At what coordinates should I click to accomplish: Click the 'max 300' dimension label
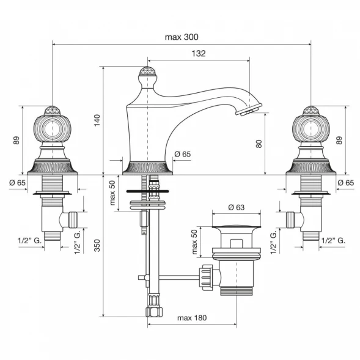pyautogui.click(x=182, y=37)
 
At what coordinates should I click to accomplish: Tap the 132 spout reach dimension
pyautogui.click(x=199, y=53)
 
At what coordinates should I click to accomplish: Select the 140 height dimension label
pyautogui.click(x=97, y=120)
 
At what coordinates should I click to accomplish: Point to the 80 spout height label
pyautogui.click(x=259, y=144)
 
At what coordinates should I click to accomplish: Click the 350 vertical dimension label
pyautogui.click(x=97, y=246)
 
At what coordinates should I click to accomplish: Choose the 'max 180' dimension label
pyautogui.click(x=192, y=318)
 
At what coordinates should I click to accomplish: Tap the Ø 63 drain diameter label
pyautogui.click(x=237, y=207)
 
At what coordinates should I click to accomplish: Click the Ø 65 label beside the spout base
pyautogui.click(x=183, y=154)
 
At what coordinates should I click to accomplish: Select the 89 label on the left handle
pyautogui.click(x=17, y=141)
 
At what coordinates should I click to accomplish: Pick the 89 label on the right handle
pyautogui.click(x=339, y=141)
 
